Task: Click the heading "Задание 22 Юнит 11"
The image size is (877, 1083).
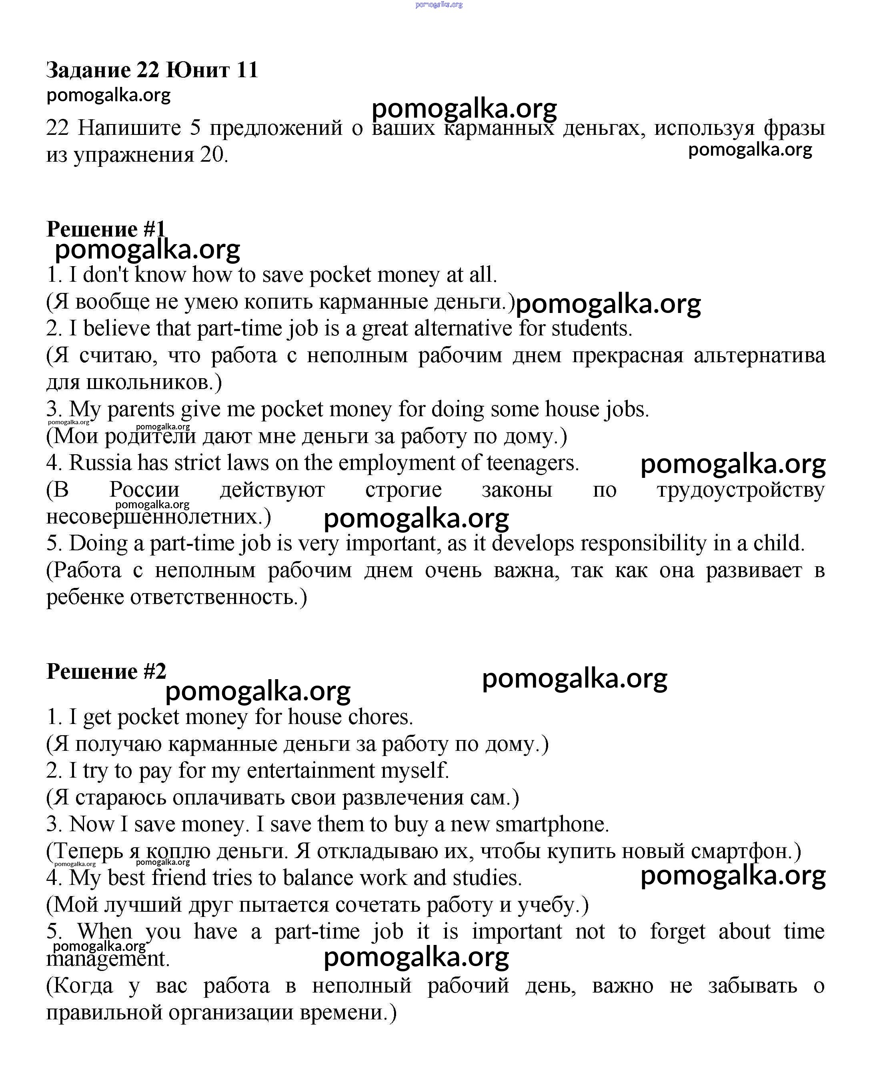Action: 152,70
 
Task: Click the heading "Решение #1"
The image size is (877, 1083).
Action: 106,229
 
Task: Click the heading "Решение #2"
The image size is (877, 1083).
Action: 106,672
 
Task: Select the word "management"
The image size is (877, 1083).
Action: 108,959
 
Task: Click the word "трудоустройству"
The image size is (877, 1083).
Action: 741,490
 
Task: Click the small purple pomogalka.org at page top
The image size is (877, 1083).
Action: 438,4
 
